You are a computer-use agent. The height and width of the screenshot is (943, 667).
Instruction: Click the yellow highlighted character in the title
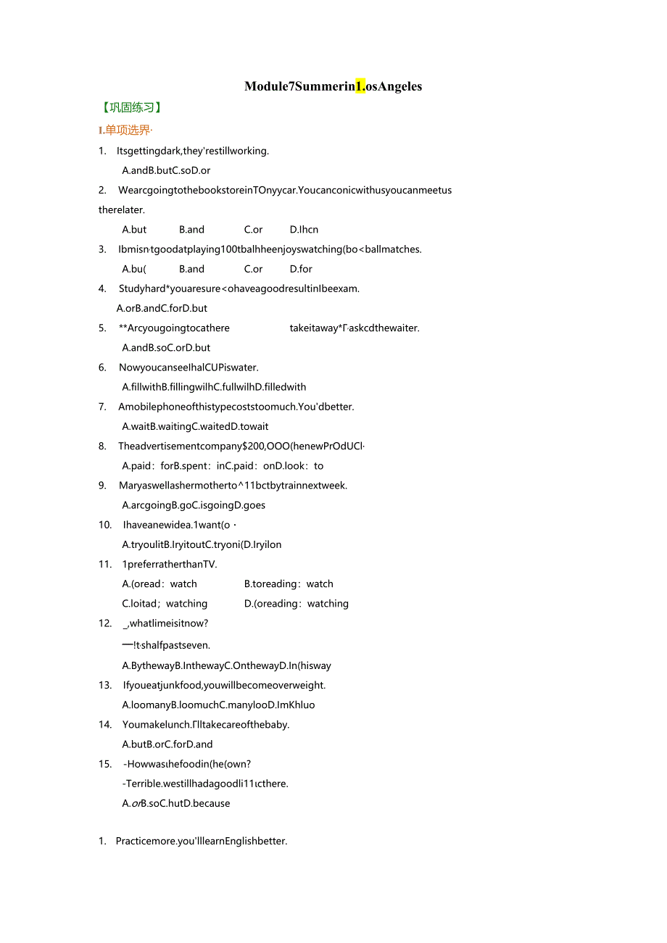360,86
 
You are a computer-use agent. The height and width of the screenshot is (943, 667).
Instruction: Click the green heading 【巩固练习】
131,107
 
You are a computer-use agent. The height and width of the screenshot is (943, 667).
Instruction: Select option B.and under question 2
191,230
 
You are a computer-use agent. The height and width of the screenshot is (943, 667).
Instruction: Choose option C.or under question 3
253,269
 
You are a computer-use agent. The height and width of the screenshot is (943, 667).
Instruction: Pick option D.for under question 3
301,269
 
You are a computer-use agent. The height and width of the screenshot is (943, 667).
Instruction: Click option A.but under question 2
134,230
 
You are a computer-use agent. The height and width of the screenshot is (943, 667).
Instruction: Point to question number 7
102,407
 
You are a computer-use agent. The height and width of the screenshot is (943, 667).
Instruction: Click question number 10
105,525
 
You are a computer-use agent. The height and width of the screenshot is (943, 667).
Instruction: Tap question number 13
105,685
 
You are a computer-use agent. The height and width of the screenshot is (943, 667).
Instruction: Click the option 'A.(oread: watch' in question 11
159,584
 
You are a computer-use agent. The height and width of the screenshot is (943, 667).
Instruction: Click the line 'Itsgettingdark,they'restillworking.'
192,151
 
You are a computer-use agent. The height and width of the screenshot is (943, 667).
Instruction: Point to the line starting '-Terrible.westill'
205,784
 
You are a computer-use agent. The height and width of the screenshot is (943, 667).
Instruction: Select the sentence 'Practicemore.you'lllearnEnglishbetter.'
201,842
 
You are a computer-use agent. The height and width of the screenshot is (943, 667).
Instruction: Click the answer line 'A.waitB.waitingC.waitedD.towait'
195,426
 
